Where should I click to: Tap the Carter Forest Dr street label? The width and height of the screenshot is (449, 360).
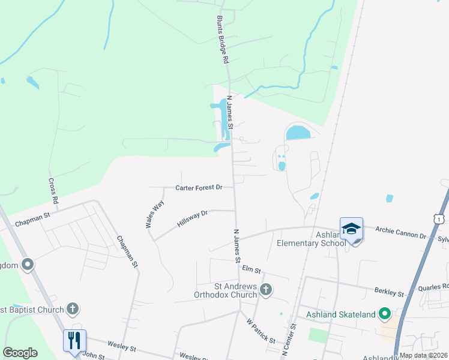199,188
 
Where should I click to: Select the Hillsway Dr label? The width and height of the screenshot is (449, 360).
192,218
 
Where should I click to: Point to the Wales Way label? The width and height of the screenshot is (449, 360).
154,214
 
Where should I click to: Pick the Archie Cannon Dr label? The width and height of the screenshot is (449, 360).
400,229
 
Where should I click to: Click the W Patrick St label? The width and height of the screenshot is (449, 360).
261,331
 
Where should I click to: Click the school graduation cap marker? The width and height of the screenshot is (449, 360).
351,229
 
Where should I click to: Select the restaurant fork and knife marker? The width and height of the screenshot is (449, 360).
74,341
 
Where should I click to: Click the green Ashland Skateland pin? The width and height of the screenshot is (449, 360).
384,314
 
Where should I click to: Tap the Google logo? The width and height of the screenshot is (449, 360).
20,353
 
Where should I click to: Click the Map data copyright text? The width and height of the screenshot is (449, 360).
423,355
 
